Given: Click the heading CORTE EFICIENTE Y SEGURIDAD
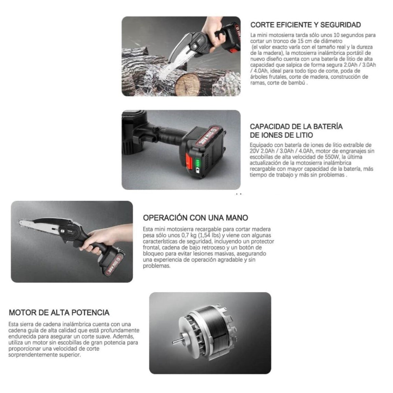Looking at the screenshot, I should click(x=306, y=25).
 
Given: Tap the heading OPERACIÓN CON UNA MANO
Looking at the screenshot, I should click(x=196, y=218).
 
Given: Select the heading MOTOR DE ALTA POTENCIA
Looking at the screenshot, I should click(x=59, y=313).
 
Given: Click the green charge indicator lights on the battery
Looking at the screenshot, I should click(x=197, y=163).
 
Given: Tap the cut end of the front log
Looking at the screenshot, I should click(x=187, y=84).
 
